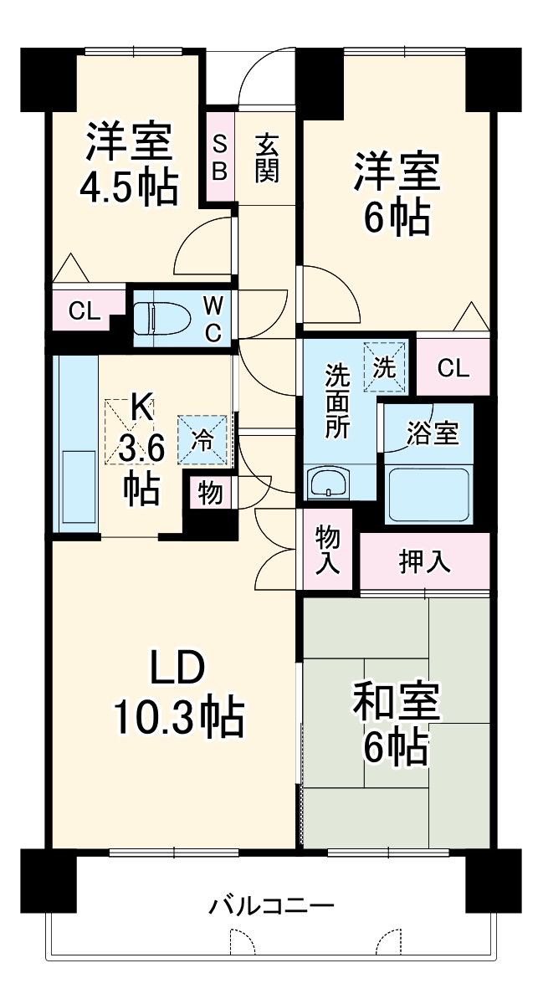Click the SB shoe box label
pos(219,157)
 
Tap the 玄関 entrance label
pos(267,157)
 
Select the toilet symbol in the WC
pos(160,318)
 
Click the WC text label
pos(213,319)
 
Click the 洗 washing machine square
pos(386,365)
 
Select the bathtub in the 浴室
pos(428,495)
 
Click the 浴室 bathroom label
pos(432,433)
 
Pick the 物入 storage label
pos(327,550)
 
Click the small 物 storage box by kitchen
pos(210,494)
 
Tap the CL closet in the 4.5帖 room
pos(84,312)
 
